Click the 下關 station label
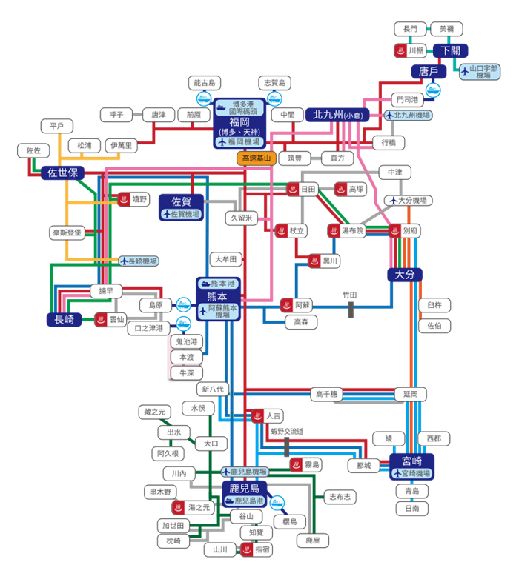point(450,50)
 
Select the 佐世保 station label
point(63,172)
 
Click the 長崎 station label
point(64,320)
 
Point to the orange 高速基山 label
point(256,158)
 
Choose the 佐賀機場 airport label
point(181,214)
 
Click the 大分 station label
point(405,275)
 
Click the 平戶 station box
point(57,126)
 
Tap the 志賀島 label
point(274,83)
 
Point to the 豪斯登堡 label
point(68,233)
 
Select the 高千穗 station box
point(326,394)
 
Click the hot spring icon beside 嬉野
point(124,199)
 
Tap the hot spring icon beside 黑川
point(314,261)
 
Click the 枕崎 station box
point(173,541)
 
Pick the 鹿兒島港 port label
point(242,501)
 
